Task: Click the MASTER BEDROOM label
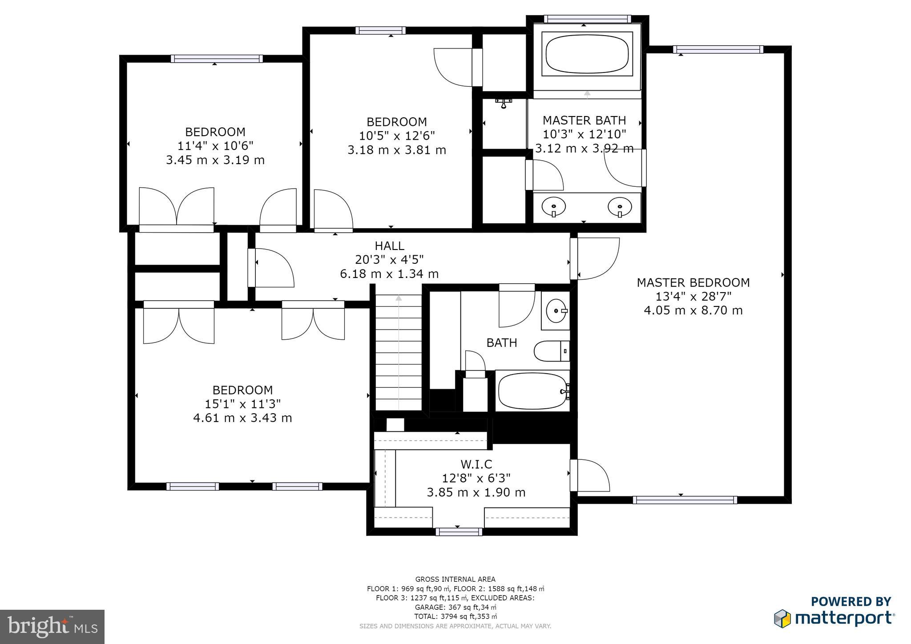[x=693, y=282]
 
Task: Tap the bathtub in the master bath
[x=587, y=55]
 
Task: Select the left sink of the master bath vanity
[x=553, y=207]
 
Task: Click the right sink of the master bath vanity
[x=620, y=207]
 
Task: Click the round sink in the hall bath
[x=556, y=310]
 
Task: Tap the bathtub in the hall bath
[x=532, y=391]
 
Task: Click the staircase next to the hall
[x=399, y=351]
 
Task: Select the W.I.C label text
[x=476, y=464]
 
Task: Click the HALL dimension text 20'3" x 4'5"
[x=389, y=260]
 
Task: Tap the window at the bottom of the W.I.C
[x=459, y=531]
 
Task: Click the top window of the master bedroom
[x=718, y=49]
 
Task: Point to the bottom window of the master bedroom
[x=685, y=500]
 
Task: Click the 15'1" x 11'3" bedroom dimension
[x=242, y=404]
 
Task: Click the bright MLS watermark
[x=52, y=627]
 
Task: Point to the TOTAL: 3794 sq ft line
[x=455, y=616]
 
